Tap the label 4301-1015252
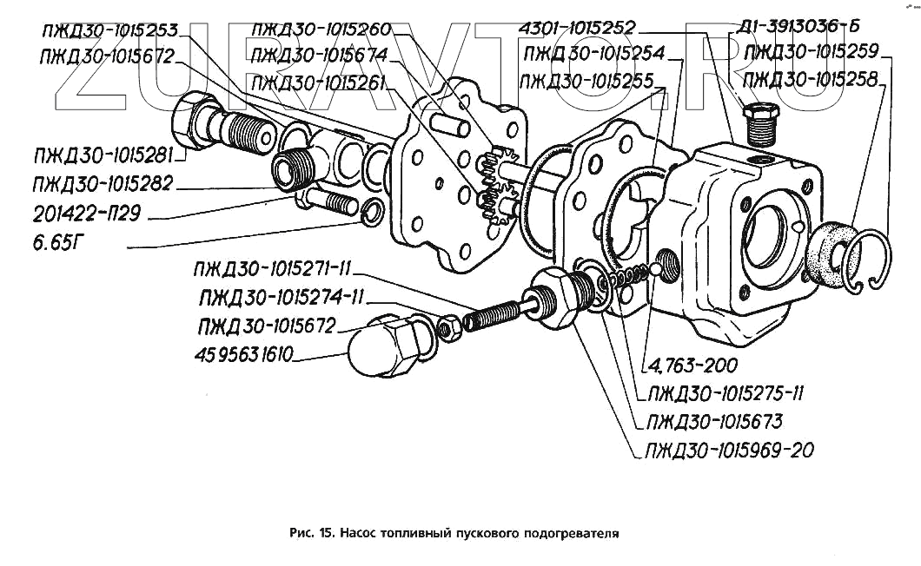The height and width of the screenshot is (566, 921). pos(576,28)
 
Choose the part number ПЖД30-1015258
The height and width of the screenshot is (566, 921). pos(812,80)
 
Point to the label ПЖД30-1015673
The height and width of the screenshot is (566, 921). pos(712,422)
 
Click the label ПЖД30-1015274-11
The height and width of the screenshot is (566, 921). pos(282,299)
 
